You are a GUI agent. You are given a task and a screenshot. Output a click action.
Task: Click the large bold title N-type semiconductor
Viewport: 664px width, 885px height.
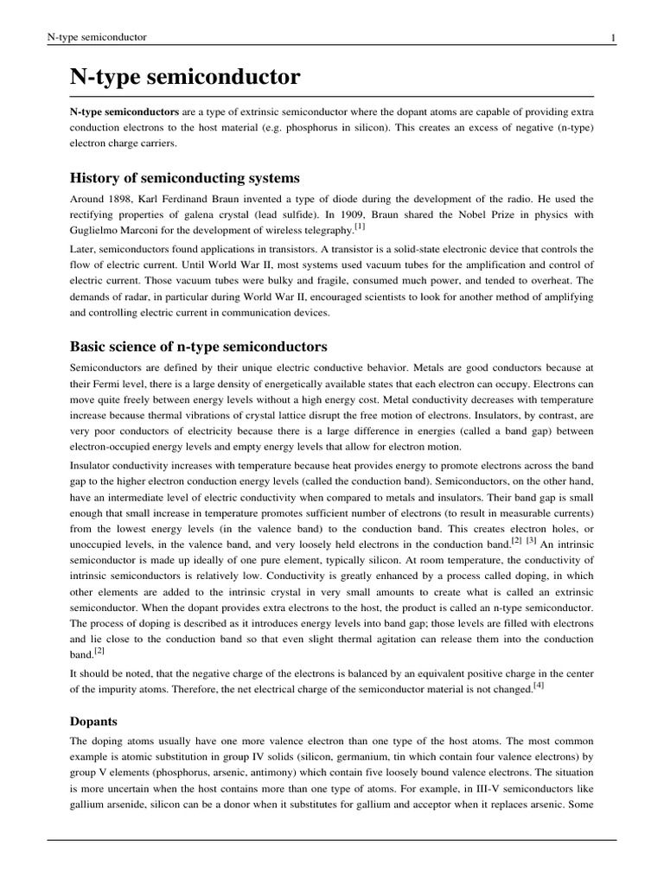coord(185,78)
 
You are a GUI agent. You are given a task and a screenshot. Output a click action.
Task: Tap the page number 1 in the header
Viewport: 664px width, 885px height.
coord(613,37)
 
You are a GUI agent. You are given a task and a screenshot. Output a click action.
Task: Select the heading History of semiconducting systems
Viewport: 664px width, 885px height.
coord(184,178)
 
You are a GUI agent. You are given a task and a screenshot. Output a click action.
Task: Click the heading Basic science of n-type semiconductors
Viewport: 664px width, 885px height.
coord(198,347)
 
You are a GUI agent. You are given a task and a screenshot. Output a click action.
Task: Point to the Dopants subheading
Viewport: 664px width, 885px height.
coord(94,720)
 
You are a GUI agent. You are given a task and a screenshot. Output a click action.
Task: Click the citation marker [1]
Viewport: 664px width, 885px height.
coord(361,227)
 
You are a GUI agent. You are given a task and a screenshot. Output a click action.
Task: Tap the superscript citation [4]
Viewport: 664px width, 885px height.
coord(539,686)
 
